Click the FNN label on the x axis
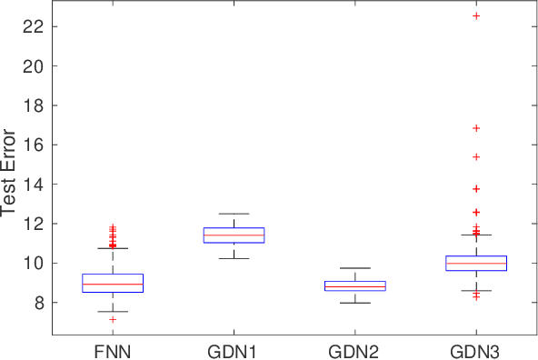pos(113,350)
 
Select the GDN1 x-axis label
pos(234,350)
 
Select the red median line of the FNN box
pos(113,285)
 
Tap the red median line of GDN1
pos(234,235)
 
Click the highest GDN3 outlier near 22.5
pos(475,16)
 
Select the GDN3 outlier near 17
pos(475,128)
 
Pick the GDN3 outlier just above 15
pos(475,156)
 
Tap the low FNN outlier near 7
pos(113,319)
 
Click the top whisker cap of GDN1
pos(234,214)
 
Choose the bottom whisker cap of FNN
pos(113,311)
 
